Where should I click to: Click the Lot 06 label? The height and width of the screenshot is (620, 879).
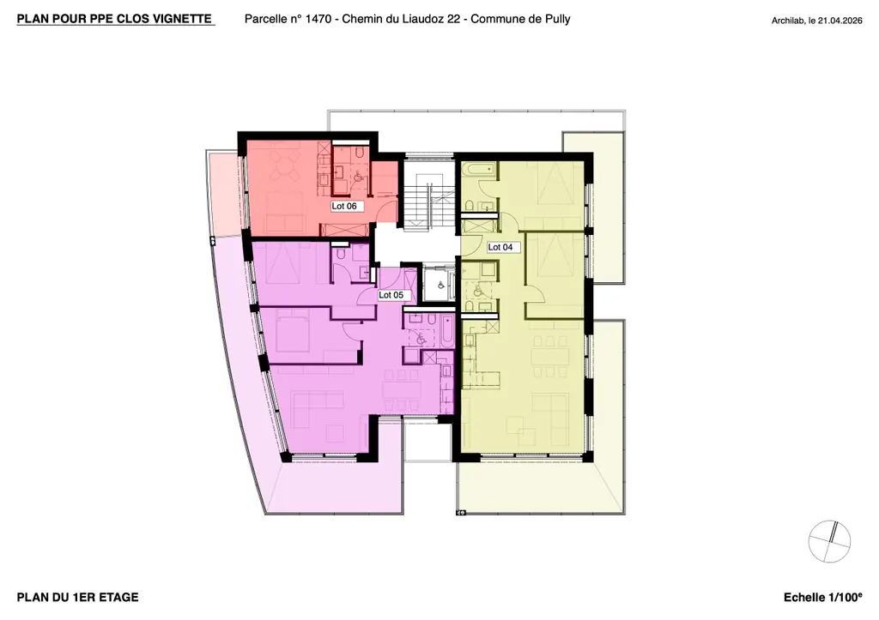click(x=344, y=206)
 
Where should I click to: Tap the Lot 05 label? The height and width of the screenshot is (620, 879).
click(x=391, y=295)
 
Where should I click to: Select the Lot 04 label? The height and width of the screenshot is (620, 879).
click(x=500, y=247)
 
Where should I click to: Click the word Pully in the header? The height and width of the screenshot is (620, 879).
click(x=556, y=19)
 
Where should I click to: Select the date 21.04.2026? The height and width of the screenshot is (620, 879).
click(x=840, y=21)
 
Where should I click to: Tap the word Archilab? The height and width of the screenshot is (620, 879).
click(x=788, y=21)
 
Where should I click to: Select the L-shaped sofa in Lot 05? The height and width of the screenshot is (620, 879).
click(x=318, y=410)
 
